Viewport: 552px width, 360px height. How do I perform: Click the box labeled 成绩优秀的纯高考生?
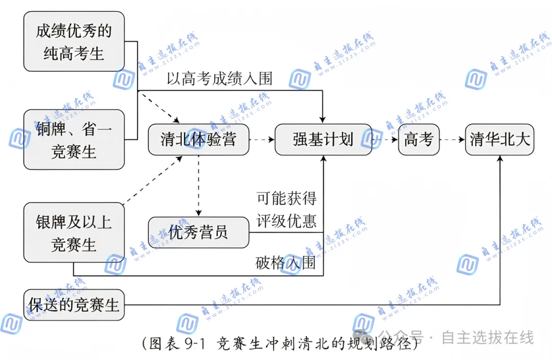click(x=74, y=41)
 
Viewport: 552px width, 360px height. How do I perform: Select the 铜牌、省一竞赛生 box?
click(x=74, y=140)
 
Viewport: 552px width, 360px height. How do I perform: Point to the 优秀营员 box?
click(x=198, y=233)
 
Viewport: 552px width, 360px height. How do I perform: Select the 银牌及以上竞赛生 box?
click(x=74, y=233)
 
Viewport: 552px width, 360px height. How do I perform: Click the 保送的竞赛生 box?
click(x=74, y=305)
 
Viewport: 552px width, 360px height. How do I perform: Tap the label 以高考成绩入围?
click(x=219, y=78)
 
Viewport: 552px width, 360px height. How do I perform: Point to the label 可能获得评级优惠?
click(x=286, y=210)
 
